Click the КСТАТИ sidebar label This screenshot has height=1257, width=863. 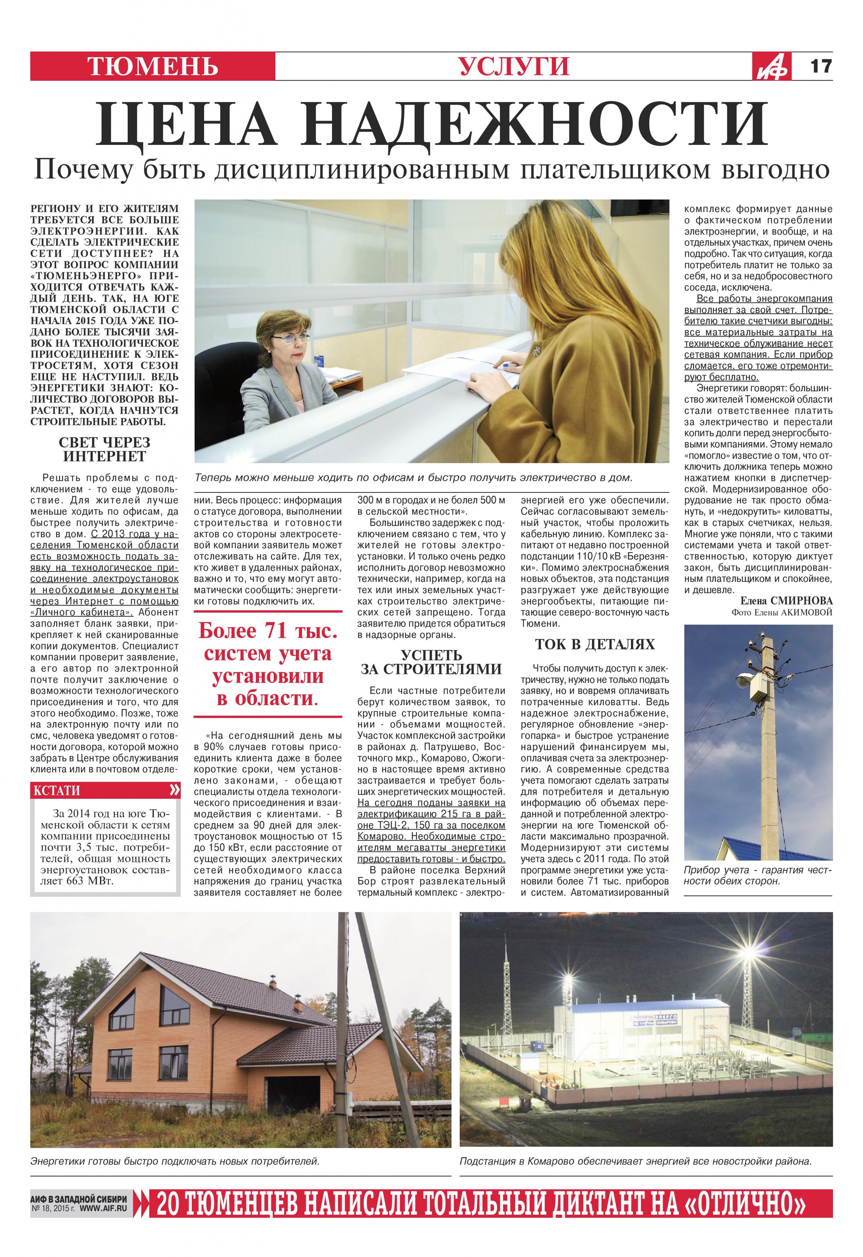(x=57, y=791)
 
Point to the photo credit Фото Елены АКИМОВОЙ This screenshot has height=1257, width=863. (x=781, y=612)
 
